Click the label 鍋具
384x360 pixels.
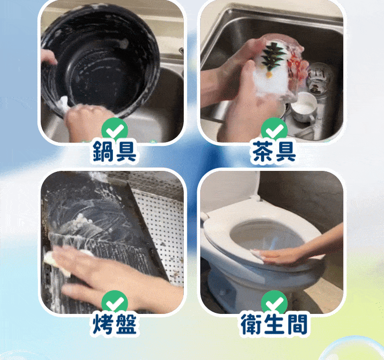[114, 152]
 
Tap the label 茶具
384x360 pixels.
[274, 152]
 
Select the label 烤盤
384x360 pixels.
[114, 324]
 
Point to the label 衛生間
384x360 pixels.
[274, 324]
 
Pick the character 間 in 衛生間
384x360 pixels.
[297, 324]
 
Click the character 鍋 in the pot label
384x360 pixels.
[103, 152]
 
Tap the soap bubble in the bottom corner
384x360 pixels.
[353, 349]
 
